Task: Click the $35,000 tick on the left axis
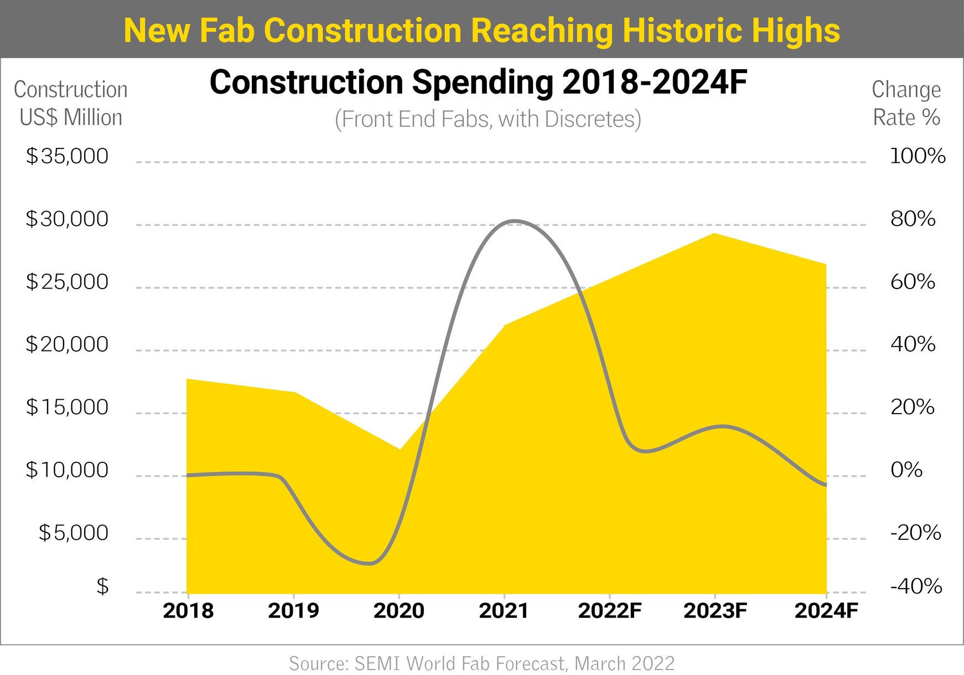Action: point(67,156)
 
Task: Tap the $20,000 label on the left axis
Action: point(67,344)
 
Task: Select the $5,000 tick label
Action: point(73,533)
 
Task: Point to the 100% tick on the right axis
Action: point(918,156)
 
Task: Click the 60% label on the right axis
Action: point(913,282)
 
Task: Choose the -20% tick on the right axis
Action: point(915,533)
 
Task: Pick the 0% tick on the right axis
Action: point(906,470)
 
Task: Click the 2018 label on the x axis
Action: point(188,611)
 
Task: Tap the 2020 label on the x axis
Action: point(398,611)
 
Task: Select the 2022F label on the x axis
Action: point(609,611)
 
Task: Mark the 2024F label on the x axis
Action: point(826,611)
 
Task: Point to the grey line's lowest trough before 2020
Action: point(370,564)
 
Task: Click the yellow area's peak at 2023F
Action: point(714,234)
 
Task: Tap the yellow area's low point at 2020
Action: point(400,449)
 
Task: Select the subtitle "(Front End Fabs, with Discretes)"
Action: point(488,119)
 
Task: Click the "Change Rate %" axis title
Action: point(906,104)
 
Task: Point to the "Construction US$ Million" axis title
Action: point(71,104)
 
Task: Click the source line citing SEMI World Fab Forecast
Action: point(481,663)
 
